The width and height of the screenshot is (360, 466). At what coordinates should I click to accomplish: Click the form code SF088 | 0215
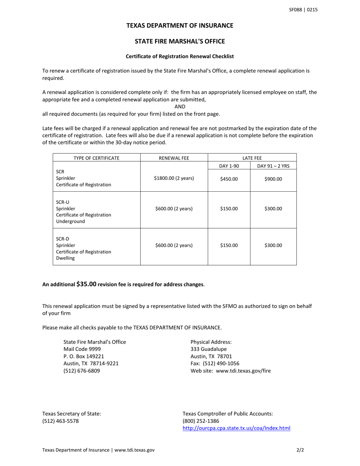point(303,10)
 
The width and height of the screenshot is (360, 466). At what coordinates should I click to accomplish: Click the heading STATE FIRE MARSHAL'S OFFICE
point(180,41)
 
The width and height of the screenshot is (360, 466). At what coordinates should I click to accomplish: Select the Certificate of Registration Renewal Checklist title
point(180,56)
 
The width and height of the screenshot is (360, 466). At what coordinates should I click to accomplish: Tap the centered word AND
point(180,107)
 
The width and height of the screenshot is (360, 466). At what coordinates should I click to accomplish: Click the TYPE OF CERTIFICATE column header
point(96,158)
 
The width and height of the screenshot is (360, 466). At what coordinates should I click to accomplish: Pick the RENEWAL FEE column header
point(174,158)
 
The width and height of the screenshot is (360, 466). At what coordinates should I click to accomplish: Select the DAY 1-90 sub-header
point(229,166)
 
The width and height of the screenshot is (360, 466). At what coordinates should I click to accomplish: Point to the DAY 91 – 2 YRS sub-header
point(273,166)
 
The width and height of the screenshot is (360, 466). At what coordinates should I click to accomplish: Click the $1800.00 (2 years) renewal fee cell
point(174,178)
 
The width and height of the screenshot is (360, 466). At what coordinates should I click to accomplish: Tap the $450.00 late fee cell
point(229,179)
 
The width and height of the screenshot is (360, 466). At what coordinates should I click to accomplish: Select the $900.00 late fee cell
point(273,179)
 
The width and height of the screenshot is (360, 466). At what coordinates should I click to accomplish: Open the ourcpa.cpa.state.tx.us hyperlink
point(236,428)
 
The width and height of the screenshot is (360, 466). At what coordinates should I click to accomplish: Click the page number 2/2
point(300,450)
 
